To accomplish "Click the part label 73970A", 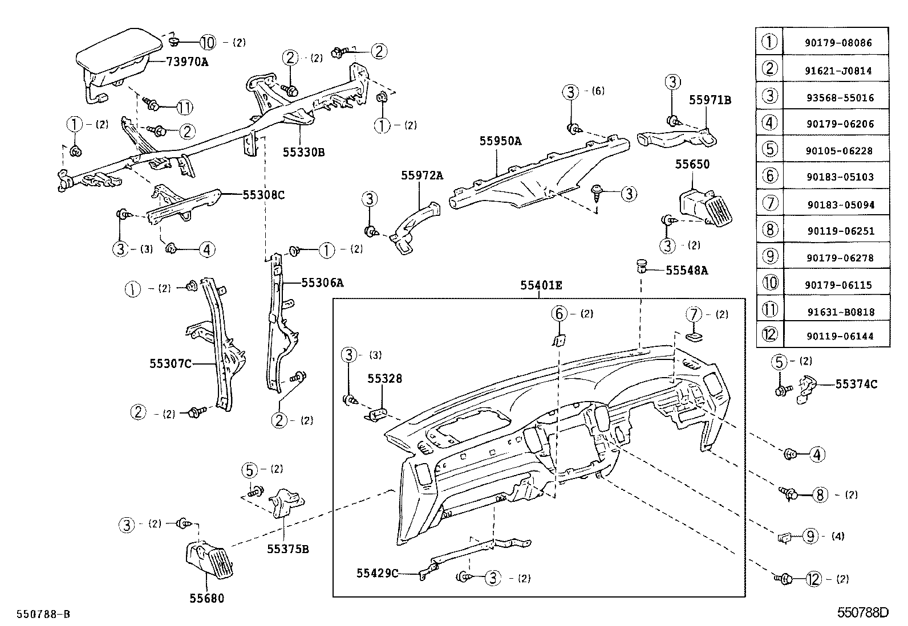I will tap(187, 62).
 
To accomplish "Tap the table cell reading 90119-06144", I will tap(836, 336).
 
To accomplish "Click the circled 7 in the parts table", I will tap(770, 203).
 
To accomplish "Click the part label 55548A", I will tap(687, 271).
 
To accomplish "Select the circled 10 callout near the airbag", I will tap(208, 42).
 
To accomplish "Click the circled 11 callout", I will tap(184, 107).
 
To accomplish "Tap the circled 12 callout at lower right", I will tap(814, 579).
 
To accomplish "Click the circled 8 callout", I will tap(820, 494).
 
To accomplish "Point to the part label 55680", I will tap(206, 598).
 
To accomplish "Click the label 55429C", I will tap(378, 573).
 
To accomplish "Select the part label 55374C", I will tap(856, 384).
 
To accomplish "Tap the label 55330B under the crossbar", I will tap(304, 152).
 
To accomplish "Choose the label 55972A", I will tap(421, 175).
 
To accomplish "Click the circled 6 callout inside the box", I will tap(560, 313).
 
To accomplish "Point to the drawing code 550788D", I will tap(862, 613).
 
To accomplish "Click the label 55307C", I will tap(171, 363).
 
